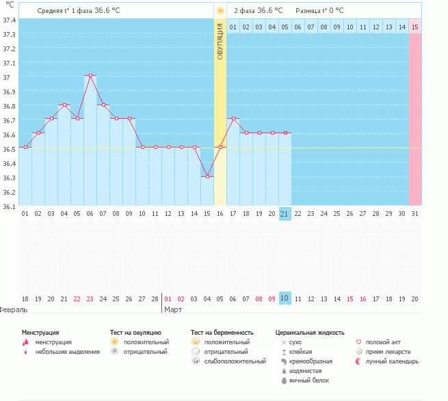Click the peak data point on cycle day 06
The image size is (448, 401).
[x=90, y=76]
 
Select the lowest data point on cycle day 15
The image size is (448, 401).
[x=207, y=176]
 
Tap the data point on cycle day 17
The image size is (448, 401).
[x=233, y=119]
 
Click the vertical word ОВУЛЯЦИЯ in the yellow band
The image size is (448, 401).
[x=220, y=42]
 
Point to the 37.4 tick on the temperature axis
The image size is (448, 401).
[x=10, y=20]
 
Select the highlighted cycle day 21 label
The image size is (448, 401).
[x=285, y=214]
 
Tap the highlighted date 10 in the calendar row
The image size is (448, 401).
[x=285, y=299]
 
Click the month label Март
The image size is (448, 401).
[x=173, y=309]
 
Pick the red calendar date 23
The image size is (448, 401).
[x=90, y=299]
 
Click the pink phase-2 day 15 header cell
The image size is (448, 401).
[x=415, y=27]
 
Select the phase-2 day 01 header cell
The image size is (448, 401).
[x=233, y=27]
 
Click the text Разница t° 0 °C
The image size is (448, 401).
[x=319, y=11]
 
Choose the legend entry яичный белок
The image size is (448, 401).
[x=309, y=380]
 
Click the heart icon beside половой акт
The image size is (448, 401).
[x=360, y=342]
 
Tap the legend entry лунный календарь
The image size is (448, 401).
[x=392, y=361]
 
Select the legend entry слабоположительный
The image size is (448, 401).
[x=235, y=361]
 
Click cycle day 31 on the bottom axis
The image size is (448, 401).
[x=415, y=214]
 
